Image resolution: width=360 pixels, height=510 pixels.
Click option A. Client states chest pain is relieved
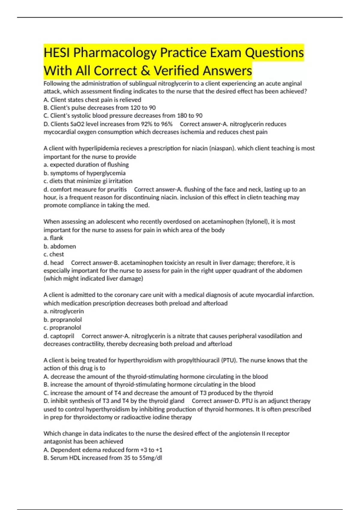pos(92,100)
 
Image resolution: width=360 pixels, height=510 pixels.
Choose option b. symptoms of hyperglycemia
pos(84,173)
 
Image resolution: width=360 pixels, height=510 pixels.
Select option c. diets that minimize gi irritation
pos(88,181)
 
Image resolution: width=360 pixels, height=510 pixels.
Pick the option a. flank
pos(53,238)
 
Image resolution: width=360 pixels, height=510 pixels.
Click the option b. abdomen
pos(59,246)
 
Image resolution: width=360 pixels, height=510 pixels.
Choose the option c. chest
pos(53,254)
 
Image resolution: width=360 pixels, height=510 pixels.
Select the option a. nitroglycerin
pos(63,311)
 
